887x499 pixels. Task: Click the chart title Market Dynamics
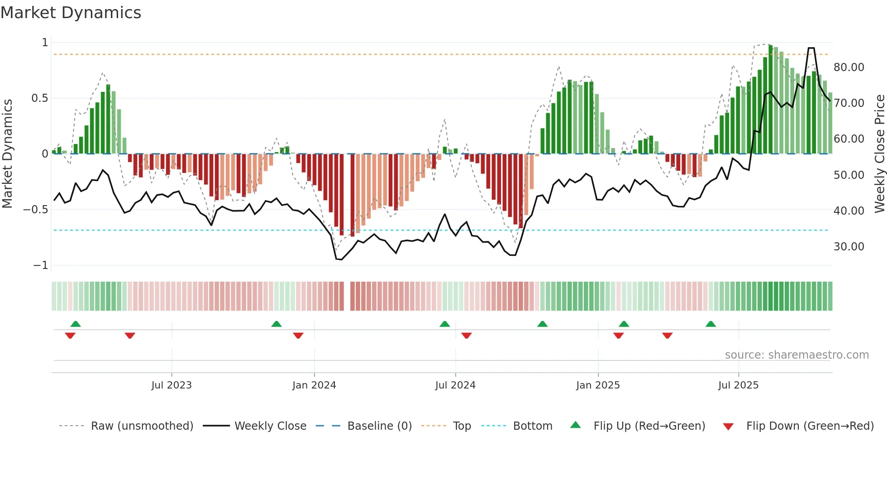click(x=71, y=13)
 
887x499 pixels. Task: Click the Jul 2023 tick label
click(x=172, y=385)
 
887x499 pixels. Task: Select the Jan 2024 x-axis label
click(x=314, y=385)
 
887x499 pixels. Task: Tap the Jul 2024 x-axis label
click(x=455, y=385)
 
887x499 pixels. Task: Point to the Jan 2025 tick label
click(x=598, y=385)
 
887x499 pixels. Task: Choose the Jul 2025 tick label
click(x=738, y=385)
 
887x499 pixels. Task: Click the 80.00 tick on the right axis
click(x=849, y=67)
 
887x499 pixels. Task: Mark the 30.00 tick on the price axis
click(x=849, y=247)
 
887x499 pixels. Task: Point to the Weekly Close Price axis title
click(x=879, y=154)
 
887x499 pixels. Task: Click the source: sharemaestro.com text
click(x=796, y=355)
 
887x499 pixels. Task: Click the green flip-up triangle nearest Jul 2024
click(x=444, y=324)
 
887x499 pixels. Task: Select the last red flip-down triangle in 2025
click(x=667, y=336)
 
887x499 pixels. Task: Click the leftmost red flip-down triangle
click(x=70, y=336)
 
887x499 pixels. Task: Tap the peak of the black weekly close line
click(x=811, y=48)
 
